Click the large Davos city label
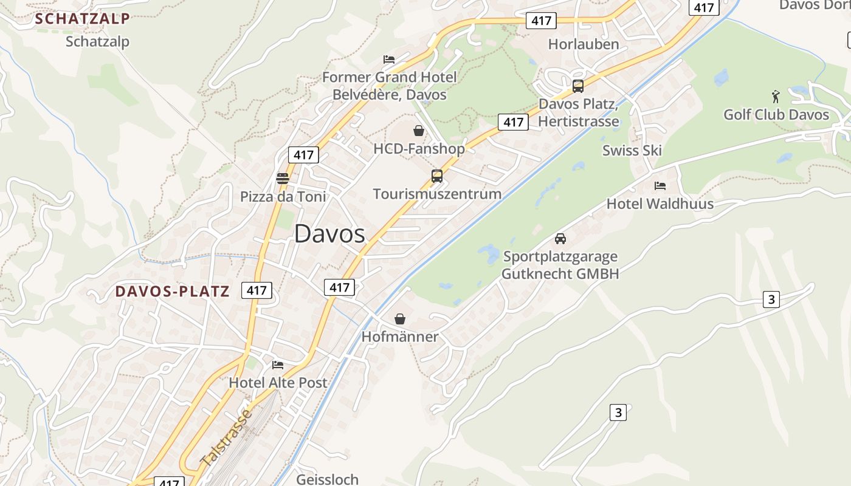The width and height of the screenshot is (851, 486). coord(329,234)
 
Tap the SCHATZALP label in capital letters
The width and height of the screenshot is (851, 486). coord(82,19)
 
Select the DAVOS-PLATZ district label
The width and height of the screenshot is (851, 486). coord(173,292)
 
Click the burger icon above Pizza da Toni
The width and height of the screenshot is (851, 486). coord(282,178)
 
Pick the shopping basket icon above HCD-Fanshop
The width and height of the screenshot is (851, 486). coord(419,130)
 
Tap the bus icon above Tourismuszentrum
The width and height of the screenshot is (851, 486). coord(436,176)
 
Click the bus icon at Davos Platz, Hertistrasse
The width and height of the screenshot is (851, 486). coord(577,86)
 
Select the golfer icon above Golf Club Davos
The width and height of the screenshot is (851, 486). coord(776,96)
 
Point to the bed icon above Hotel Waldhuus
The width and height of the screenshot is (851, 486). coord(660,185)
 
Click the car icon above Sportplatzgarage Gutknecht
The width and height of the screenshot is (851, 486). coord(560,238)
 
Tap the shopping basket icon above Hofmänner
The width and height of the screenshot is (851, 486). coord(400,319)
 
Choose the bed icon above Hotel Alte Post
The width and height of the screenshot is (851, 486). coord(278,364)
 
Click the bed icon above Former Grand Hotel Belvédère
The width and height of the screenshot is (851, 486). coord(389,59)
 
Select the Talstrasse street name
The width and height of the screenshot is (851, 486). coord(226,439)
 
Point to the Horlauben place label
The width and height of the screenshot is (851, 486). coord(583,44)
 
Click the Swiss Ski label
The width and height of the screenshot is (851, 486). coord(632,151)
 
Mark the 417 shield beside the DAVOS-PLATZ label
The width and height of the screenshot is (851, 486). coord(257,290)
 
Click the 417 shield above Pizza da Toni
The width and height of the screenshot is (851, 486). coord(303,155)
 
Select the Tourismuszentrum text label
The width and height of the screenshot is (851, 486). coord(437,194)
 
